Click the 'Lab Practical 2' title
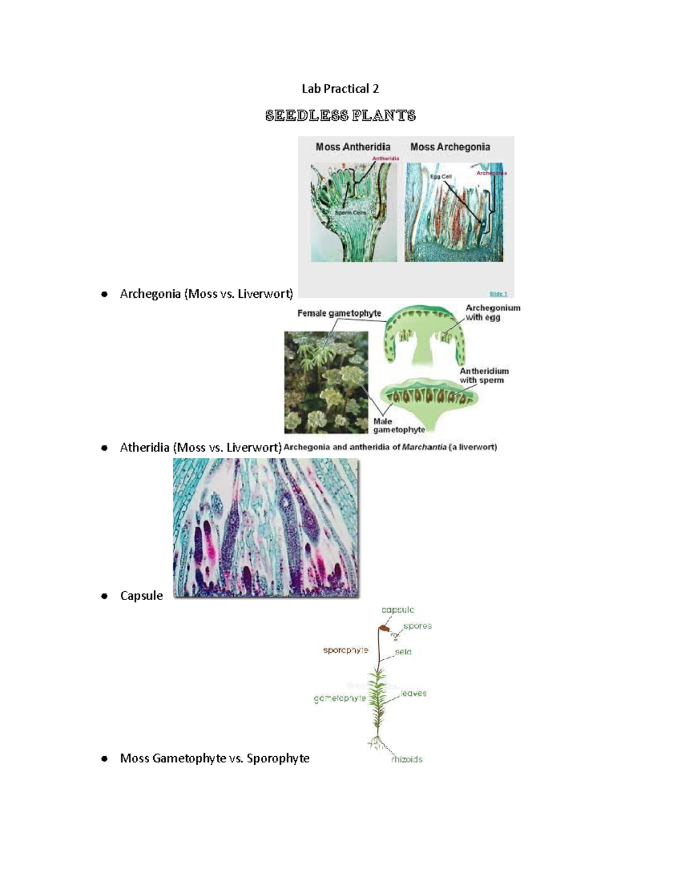pyautogui.click(x=340, y=88)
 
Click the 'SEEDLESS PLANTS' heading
pyautogui.click(x=340, y=116)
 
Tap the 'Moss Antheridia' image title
pyautogui.click(x=352, y=147)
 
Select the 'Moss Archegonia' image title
pyautogui.click(x=450, y=147)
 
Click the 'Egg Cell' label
pyautogui.click(x=440, y=176)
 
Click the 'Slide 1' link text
pyautogui.click(x=498, y=293)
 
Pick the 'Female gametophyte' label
pyautogui.click(x=339, y=313)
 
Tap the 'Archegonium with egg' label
pyautogui.click(x=492, y=313)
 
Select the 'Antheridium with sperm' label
pyautogui.click(x=484, y=376)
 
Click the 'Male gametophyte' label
pyautogui.click(x=398, y=425)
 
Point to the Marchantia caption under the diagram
pyautogui.click(x=390, y=447)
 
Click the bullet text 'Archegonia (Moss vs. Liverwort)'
pyautogui.click(x=206, y=294)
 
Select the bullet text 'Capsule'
pyautogui.click(x=141, y=596)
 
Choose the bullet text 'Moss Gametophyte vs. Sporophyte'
pyautogui.click(x=215, y=758)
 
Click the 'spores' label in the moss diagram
pyautogui.click(x=418, y=626)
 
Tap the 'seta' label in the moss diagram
pyautogui.click(x=403, y=652)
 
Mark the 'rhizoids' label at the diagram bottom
pyautogui.click(x=407, y=760)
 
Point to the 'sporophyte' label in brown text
pyautogui.click(x=346, y=650)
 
